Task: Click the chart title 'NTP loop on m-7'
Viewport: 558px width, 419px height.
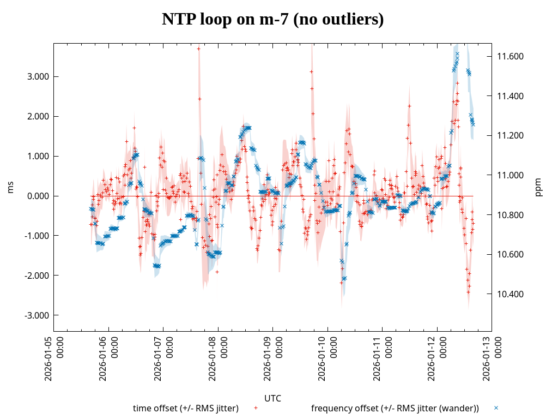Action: point(272,20)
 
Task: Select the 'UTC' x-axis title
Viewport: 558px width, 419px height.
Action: point(272,398)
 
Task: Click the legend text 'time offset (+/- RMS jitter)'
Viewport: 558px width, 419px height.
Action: point(186,408)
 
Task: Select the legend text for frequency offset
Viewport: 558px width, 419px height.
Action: point(395,408)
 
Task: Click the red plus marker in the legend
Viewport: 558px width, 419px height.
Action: point(256,408)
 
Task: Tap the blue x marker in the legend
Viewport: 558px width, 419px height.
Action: point(496,408)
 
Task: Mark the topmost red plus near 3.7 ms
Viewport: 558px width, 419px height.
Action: point(199,49)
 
